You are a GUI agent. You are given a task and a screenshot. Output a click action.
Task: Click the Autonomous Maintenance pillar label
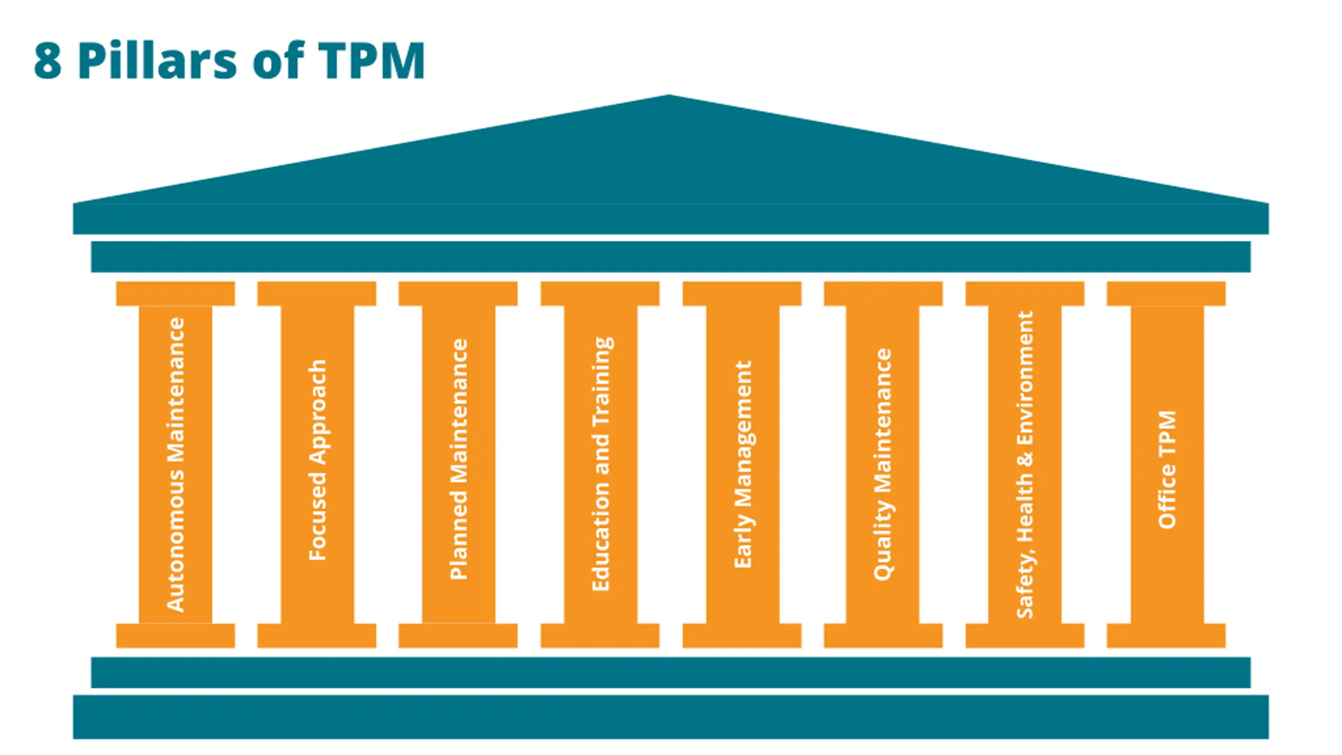(176, 465)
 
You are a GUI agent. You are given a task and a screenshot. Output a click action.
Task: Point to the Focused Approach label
(318, 460)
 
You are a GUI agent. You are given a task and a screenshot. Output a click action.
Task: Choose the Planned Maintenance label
(459, 459)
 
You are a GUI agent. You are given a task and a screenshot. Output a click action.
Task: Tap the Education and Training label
(601, 464)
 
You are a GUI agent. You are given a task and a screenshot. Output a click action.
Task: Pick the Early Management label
(743, 464)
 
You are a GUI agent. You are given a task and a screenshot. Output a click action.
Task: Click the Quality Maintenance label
(883, 464)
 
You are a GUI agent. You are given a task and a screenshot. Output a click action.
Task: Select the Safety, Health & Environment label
(1025, 465)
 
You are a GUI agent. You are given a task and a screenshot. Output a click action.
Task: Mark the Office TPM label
(1167, 469)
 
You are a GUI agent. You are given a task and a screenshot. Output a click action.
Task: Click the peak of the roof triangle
(669, 98)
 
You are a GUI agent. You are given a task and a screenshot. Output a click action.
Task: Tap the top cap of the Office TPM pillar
(1166, 294)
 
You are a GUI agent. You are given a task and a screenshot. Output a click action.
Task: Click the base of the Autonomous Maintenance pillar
(175, 635)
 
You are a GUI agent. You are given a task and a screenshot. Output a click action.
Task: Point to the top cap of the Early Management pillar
(742, 294)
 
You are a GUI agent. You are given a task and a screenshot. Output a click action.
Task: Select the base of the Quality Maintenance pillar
(883, 635)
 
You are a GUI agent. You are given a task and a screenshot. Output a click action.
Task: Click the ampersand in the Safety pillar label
(1025, 458)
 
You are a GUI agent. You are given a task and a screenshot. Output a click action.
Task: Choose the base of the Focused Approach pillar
(317, 635)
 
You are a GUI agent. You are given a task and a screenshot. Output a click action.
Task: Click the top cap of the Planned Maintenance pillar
(458, 294)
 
